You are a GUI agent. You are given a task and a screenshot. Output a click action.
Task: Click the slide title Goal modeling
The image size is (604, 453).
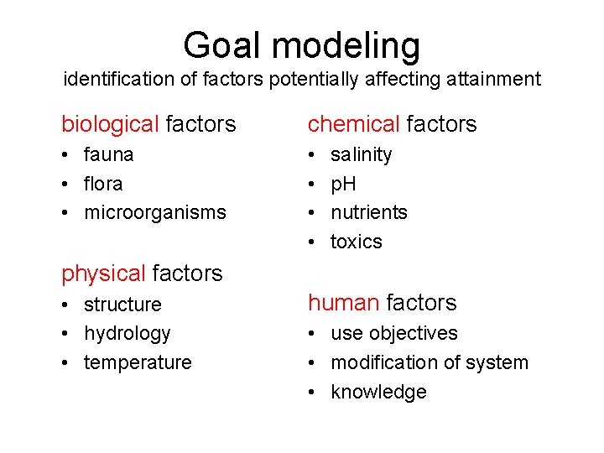[301, 44]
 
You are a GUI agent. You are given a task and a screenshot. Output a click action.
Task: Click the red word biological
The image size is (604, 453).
[110, 125]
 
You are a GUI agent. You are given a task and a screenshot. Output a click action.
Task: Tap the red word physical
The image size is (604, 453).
[103, 273]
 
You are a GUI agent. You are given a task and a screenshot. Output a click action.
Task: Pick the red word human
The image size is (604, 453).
[344, 303]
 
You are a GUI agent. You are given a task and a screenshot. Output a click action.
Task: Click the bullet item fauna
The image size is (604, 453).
[109, 154]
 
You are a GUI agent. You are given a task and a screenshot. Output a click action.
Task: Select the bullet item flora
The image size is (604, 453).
[103, 184]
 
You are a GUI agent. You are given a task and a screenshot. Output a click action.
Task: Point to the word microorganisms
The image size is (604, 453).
[155, 213]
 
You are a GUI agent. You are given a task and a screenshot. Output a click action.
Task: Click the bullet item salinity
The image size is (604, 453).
[361, 154]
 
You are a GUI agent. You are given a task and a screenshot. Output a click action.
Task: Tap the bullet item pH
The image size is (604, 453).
[343, 184]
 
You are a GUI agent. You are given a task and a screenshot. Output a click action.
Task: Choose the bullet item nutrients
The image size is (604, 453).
[369, 213]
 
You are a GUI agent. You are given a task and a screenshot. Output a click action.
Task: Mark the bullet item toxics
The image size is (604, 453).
[357, 242]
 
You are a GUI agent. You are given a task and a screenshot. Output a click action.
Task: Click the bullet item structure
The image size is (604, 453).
[122, 305]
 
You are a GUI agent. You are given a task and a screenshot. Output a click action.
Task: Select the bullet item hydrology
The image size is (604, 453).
[128, 334]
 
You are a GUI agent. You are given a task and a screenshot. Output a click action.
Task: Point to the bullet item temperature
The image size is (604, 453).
[138, 363]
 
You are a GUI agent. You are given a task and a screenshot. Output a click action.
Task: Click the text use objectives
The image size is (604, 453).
[394, 334]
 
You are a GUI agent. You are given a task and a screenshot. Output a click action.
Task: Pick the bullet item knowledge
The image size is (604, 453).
[378, 393]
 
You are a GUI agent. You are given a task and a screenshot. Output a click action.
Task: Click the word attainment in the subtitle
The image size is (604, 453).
[490, 80]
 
